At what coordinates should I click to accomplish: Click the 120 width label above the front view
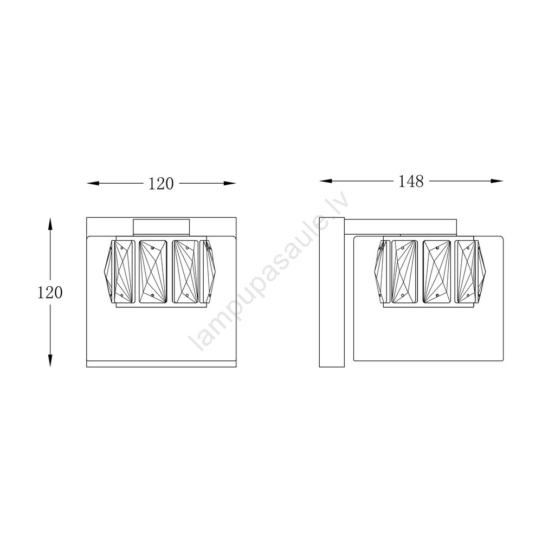[x=161, y=184]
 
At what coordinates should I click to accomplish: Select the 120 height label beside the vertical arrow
[x=50, y=293]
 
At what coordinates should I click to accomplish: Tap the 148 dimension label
[x=411, y=181]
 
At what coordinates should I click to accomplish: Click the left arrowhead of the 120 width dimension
[x=93, y=183]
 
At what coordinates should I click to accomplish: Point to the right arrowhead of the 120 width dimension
[x=230, y=183]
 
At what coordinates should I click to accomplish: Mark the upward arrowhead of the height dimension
[x=50, y=224]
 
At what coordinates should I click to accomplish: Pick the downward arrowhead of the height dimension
[x=50, y=360]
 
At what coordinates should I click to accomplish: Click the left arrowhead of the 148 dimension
[x=326, y=181]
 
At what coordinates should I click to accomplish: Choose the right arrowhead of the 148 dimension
[x=497, y=181]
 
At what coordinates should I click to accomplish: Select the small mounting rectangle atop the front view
[x=162, y=228]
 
